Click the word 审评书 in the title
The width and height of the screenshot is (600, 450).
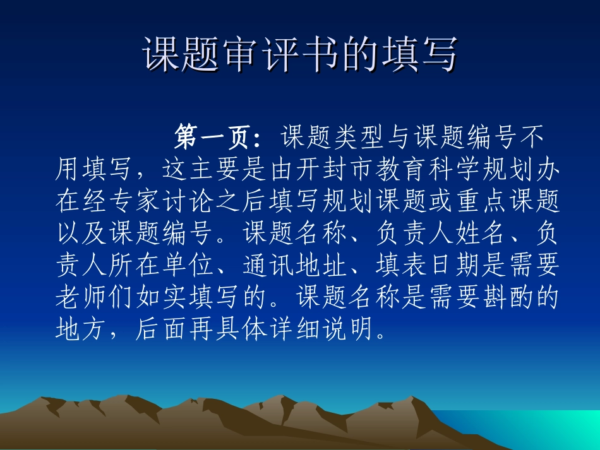tap(280, 55)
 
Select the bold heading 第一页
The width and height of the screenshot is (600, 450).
tap(213, 136)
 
